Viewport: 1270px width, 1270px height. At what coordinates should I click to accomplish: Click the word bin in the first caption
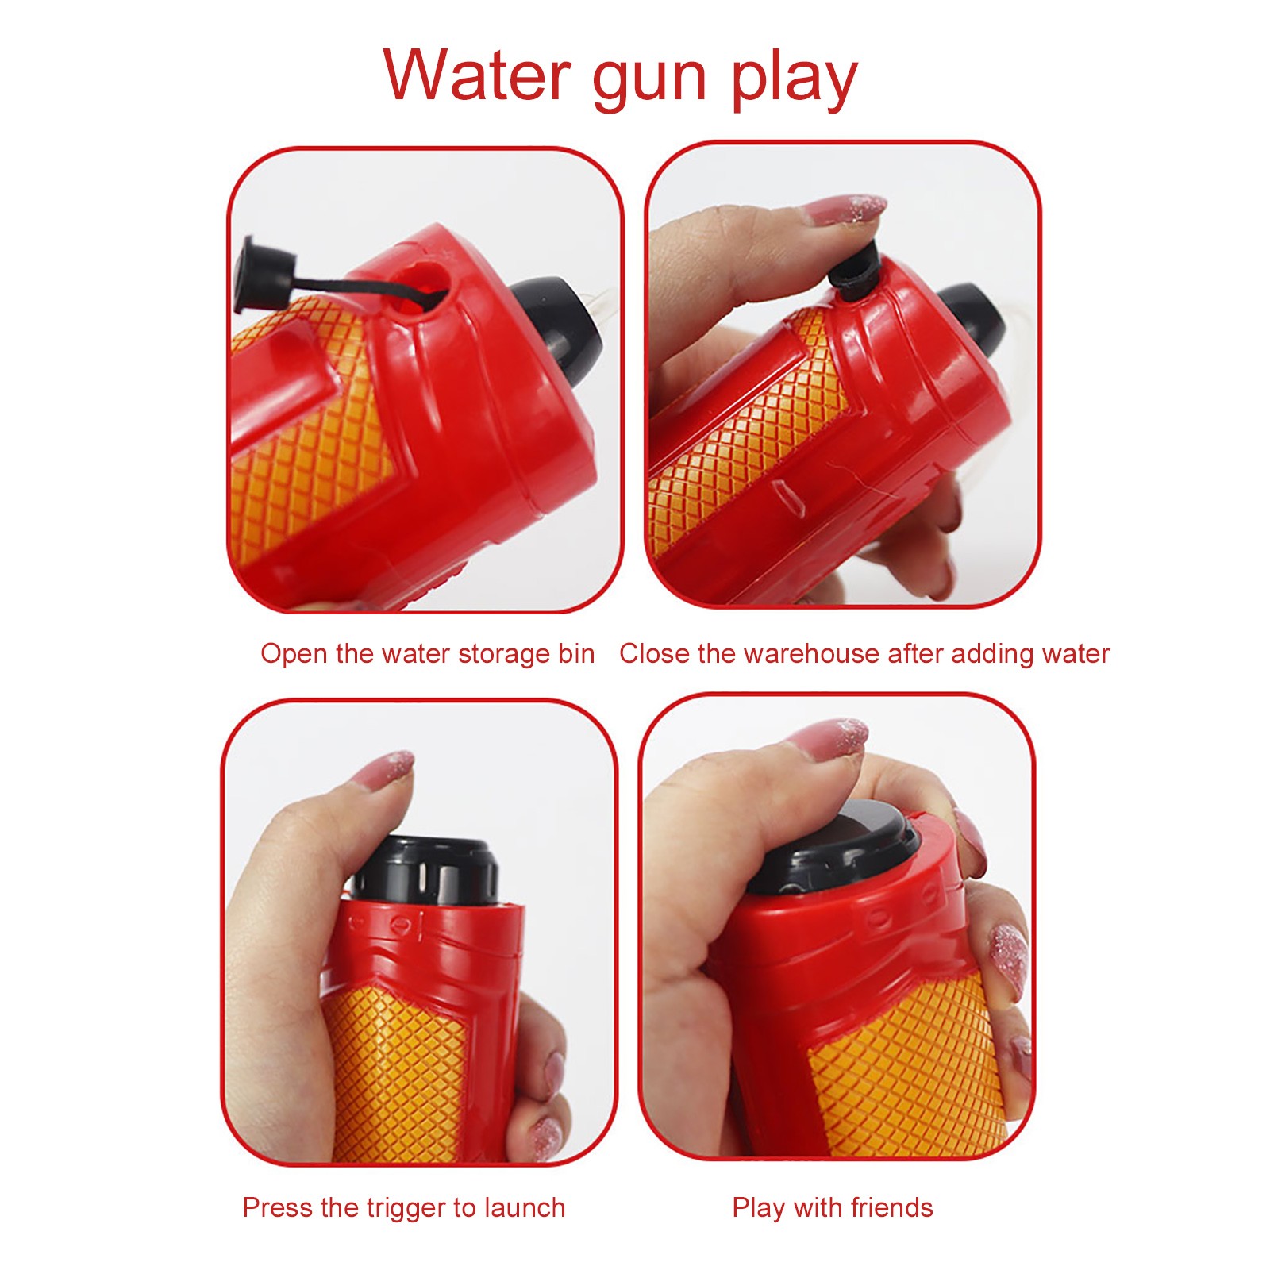click(x=576, y=653)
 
